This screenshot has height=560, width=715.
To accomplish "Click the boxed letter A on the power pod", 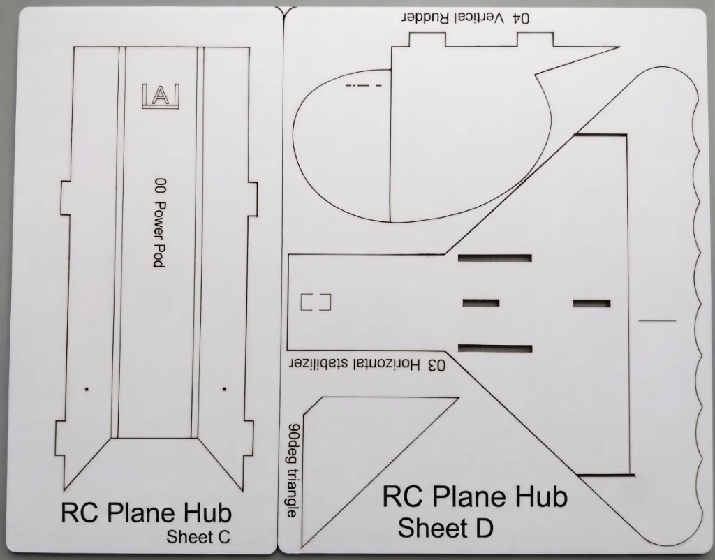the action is (x=161, y=96).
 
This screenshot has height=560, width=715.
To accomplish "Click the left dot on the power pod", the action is (x=87, y=390).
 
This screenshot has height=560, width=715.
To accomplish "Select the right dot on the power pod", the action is (x=224, y=390).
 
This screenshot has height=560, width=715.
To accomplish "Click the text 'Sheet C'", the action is (x=198, y=536).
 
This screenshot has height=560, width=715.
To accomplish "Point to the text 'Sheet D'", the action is (x=445, y=528).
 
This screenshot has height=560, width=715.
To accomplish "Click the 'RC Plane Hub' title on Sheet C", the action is (x=147, y=512).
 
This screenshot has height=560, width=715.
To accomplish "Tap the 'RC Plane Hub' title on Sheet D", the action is (x=475, y=496).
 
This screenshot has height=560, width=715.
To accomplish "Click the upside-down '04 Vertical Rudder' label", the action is (x=466, y=18).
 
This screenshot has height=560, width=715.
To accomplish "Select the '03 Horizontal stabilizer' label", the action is (x=367, y=364).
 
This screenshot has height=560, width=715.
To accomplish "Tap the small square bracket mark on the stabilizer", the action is (x=316, y=302).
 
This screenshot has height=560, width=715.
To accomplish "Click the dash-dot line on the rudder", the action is (x=363, y=86).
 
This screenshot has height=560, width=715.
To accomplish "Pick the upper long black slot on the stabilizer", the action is (x=495, y=258).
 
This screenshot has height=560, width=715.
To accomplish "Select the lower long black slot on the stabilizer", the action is (x=495, y=349).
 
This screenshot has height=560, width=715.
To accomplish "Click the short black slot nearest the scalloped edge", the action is (x=592, y=303).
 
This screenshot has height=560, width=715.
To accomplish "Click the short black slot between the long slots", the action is (x=481, y=303).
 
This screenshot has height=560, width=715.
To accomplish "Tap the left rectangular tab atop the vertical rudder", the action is (x=427, y=40).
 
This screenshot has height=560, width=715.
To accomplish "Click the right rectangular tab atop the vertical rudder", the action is (x=536, y=40).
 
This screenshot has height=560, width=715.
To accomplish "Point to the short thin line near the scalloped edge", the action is (x=657, y=321).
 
